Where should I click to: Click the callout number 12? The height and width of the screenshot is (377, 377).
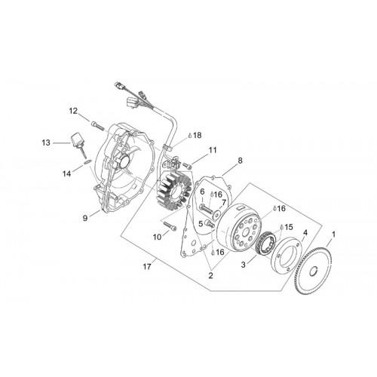[74, 111]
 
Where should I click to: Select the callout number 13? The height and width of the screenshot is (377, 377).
[46, 143]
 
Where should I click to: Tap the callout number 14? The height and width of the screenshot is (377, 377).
[67, 173]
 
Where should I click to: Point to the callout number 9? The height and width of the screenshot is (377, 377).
[85, 218]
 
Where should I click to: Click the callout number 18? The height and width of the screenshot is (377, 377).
[198, 135]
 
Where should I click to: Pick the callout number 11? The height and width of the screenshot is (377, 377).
[213, 150]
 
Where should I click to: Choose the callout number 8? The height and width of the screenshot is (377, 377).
[240, 161]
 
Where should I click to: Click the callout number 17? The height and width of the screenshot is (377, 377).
[147, 266]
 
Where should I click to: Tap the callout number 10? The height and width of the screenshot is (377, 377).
[158, 237]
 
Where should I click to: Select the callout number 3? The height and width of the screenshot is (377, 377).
[243, 265]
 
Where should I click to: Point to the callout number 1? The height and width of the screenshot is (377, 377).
[333, 234]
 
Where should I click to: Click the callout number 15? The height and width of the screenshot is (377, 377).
[289, 227]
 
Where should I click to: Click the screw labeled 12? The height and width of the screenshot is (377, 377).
[97, 126]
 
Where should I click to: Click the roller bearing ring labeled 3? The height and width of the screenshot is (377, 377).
[268, 242]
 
